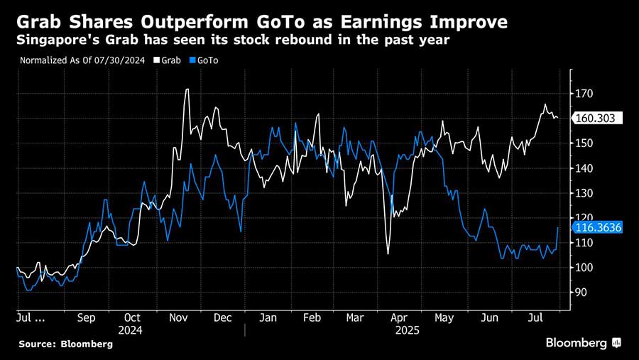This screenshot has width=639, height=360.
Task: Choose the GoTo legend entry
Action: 206,60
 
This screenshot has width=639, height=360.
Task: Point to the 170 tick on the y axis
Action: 584,94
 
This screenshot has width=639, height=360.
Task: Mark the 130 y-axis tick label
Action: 584,193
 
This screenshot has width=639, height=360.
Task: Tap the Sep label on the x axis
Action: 87,318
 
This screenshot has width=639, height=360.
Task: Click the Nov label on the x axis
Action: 178,318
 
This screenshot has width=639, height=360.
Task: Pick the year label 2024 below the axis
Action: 131,330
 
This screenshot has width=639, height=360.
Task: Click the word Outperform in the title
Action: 187,22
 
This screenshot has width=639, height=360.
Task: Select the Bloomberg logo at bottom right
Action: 583,343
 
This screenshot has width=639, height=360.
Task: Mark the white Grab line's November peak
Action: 187,89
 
